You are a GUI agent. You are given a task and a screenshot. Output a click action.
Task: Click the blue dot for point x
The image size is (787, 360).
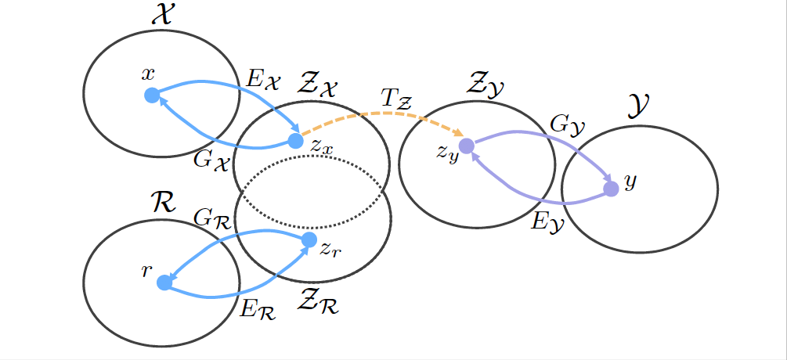[x=152, y=95]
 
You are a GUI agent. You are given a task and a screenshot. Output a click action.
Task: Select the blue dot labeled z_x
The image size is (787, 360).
[x=295, y=141]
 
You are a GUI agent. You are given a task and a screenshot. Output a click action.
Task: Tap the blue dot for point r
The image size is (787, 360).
[x=164, y=283]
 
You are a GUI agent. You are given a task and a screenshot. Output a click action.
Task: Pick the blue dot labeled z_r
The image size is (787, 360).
[x=309, y=239]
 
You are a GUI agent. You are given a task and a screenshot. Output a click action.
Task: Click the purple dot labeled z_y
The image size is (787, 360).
[x=467, y=146]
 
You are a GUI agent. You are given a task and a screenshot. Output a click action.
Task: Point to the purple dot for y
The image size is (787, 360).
[x=612, y=189]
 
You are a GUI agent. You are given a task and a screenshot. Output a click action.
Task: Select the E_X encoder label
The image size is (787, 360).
[x=261, y=78]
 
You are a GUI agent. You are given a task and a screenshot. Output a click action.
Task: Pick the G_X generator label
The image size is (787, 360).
[x=211, y=160]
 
